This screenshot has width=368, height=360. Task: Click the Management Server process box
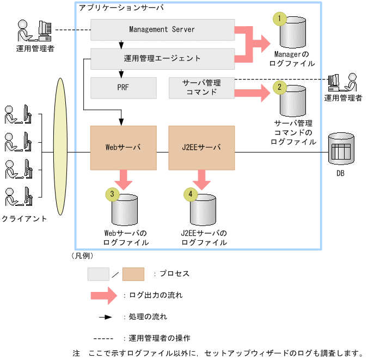162,29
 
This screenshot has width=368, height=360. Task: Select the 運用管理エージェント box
162,58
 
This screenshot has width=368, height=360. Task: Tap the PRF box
123,87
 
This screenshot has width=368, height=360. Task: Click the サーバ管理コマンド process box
201,87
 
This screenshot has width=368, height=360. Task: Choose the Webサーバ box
123,147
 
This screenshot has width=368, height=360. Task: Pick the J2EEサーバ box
201,147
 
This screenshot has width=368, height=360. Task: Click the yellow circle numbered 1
280,19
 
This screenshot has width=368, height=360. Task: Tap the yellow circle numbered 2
280,86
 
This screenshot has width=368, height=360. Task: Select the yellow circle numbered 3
112,193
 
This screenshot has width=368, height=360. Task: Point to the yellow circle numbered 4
191,193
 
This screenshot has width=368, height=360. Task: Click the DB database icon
341,149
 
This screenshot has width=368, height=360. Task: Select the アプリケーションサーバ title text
120,9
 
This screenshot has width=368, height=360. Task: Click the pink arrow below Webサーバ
123,178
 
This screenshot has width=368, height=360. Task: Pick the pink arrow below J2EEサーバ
201,178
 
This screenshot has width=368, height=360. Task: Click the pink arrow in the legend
103,296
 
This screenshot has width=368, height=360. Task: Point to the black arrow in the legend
105,316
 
